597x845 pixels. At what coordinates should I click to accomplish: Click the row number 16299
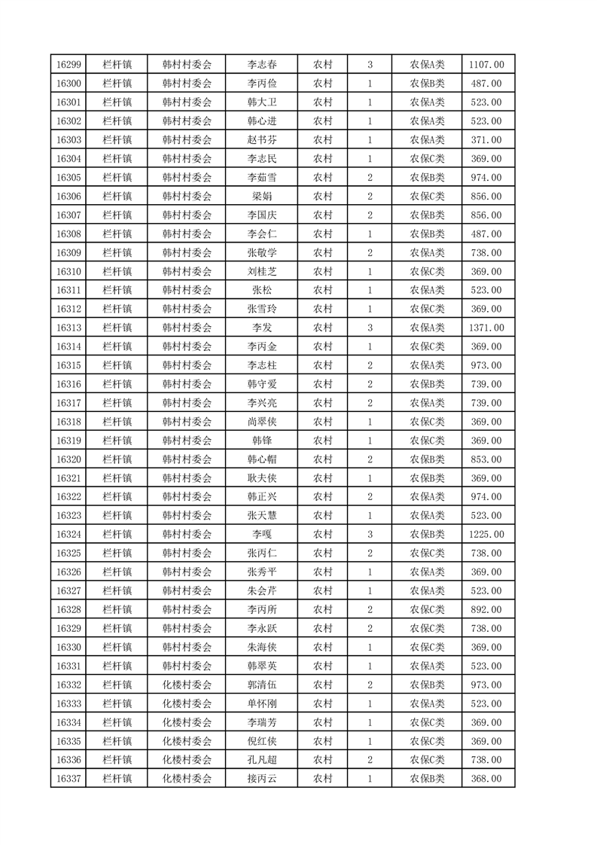69,65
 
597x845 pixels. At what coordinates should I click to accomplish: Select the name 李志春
261,65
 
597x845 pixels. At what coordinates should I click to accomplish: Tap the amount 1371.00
486,328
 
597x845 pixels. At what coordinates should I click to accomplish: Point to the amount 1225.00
486,535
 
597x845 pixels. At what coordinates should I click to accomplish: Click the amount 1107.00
486,65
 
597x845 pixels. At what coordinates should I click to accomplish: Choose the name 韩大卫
261,102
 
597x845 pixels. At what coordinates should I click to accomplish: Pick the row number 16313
69,328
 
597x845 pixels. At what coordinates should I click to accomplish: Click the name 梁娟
261,197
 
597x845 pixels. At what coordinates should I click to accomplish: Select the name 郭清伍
261,685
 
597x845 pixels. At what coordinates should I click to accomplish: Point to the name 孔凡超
261,760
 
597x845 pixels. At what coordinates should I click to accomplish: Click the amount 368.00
486,779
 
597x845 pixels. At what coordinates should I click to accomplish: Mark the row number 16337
69,779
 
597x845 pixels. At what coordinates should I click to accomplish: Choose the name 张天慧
261,516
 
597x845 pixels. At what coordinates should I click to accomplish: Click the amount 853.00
486,459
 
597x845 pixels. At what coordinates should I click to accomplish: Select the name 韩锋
261,441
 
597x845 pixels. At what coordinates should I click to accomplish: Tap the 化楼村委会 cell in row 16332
187,685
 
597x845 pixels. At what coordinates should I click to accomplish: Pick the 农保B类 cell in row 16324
427,535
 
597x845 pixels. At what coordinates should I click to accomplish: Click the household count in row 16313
370,328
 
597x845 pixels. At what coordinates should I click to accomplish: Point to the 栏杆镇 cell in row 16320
117,459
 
